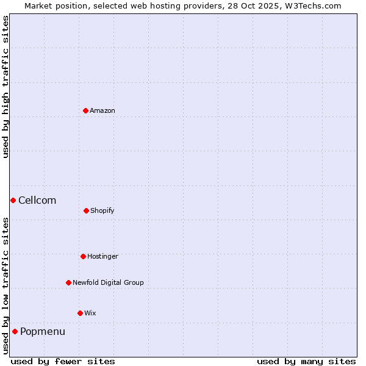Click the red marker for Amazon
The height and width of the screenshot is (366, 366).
click(x=85, y=110)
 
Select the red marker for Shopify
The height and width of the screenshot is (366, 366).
click(x=86, y=210)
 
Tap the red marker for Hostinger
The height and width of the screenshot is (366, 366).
click(x=83, y=256)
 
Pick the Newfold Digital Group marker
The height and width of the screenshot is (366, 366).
click(x=68, y=282)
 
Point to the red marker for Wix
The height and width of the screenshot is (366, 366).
click(x=80, y=313)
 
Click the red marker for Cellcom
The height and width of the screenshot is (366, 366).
click(x=13, y=200)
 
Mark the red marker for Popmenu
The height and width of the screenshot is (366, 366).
click(x=15, y=331)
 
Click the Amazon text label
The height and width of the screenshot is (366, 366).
click(x=102, y=110)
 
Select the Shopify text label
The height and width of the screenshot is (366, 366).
click(x=102, y=210)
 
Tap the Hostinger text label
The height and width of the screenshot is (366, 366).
click(x=102, y=256)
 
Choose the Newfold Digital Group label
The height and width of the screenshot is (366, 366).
click(x=108, y=282)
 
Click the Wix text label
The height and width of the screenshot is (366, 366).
click(x=90, y=313)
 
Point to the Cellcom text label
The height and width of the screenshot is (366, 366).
click(x=37, y=200)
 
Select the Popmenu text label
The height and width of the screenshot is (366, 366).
click(x=43, y=331)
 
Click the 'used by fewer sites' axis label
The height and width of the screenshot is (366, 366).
click(x=63, y=361)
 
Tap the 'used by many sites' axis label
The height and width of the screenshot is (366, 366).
click(x=306, y=361)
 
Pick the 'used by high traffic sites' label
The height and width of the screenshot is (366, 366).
click(x=5, y=87)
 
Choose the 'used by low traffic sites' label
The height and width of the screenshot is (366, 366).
click(x=5, y=285)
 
